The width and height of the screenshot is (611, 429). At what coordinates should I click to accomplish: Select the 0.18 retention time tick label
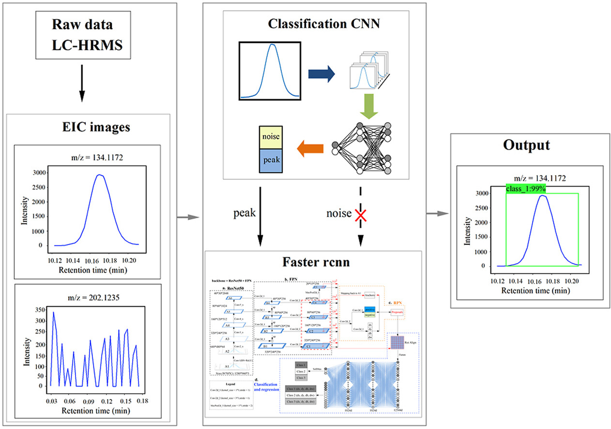point(139,401)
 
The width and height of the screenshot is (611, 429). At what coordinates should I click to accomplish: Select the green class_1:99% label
point(528,189)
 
